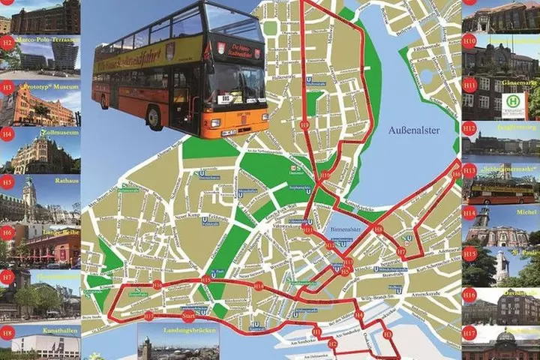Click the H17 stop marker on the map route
coord(148,316)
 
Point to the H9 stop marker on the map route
coord(304,124)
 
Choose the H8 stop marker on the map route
coord(378,229)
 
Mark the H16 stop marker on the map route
coord(157,284)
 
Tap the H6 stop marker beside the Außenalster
coord(456,174)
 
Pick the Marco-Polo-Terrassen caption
coord(47,34)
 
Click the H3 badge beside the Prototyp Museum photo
coord(7,88)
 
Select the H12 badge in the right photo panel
coord(469,128)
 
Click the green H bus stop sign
coord(514,100)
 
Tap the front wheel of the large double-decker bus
coord(154,116)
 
